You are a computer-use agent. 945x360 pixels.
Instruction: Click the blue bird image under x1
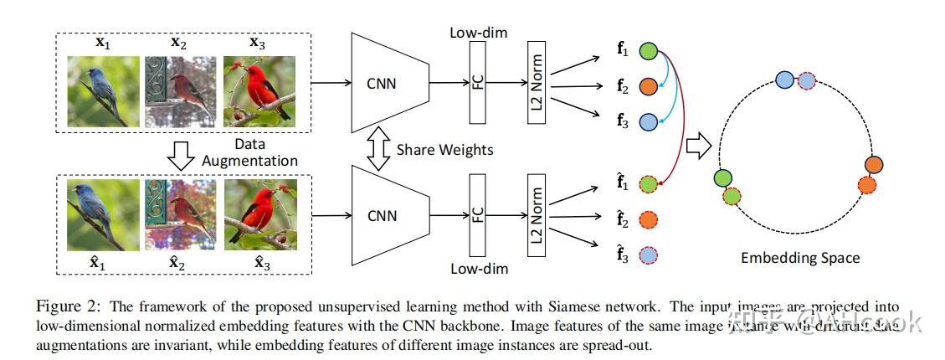pyautogui.click(x=103, y=92)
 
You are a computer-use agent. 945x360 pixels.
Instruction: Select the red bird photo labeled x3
pyautogui.click(x=259, y=92)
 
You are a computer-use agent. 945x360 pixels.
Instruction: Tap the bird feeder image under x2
pyautogui.click(x=180, y=92)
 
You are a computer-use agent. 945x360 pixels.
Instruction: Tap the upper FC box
pyautogui.click(x=479, y=83)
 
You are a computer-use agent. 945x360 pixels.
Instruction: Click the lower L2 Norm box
pyautogui.click(x=537, y=215)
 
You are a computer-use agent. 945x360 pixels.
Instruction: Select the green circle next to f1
pyautogui.click(x=649, y=51)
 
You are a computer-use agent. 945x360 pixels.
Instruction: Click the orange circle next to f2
pyautogui.click(x=649, y=86)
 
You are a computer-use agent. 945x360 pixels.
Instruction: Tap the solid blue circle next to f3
pyautogui.click(x=649, y=122)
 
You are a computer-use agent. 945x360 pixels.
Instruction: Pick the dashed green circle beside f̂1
pyautogui.click(x=649, y=185)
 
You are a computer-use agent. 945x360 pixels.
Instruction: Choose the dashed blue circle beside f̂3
pyautogui.click(x=649, y=255)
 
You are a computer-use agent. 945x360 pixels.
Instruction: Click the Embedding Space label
pyautogui.click(x=799, y=258)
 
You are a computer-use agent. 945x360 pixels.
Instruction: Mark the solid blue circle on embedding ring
pyautogui.click(x=784, y=80)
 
